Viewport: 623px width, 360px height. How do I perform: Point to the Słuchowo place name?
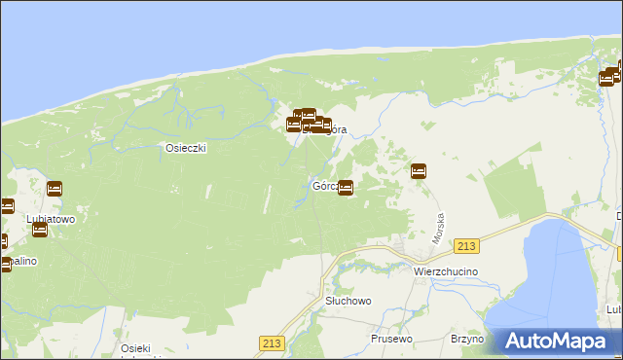coord(348,301)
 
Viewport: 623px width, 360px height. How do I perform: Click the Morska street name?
coord(439,229)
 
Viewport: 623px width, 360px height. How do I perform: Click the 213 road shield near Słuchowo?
coord(271,342)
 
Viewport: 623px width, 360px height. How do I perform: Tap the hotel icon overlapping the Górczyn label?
coord(346,188)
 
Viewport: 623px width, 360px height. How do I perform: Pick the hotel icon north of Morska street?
coord(419,171)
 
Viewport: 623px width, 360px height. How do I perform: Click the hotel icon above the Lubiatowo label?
coord(55,188)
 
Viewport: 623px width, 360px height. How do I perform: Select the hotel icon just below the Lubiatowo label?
coord(40,230)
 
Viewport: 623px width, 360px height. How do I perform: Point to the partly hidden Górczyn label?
coord(324,186)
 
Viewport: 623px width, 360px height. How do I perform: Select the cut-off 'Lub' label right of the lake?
coord(613,308)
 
